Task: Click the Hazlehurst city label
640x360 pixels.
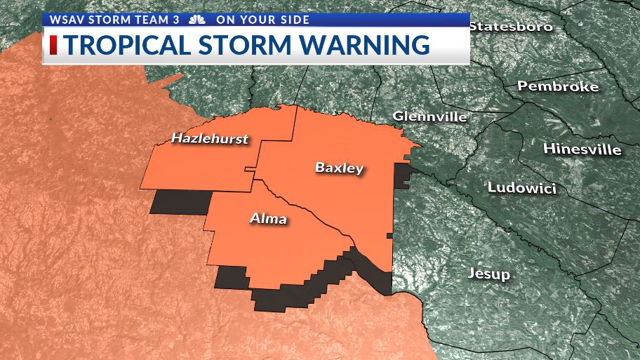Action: coord(210,139)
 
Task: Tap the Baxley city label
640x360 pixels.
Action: coord(339,168)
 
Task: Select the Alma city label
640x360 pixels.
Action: coord(268,219)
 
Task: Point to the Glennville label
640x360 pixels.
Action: coord(429,116)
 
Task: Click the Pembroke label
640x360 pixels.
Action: coord(558,86)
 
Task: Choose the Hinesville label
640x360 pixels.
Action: coord(582,149)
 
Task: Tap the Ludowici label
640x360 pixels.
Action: coord(521,188)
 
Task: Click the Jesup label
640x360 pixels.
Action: coord(489,274)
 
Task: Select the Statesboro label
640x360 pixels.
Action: coord(511,27)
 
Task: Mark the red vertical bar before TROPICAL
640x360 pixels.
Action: coord(53,45)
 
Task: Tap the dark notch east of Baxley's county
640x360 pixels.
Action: coord(404,175)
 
